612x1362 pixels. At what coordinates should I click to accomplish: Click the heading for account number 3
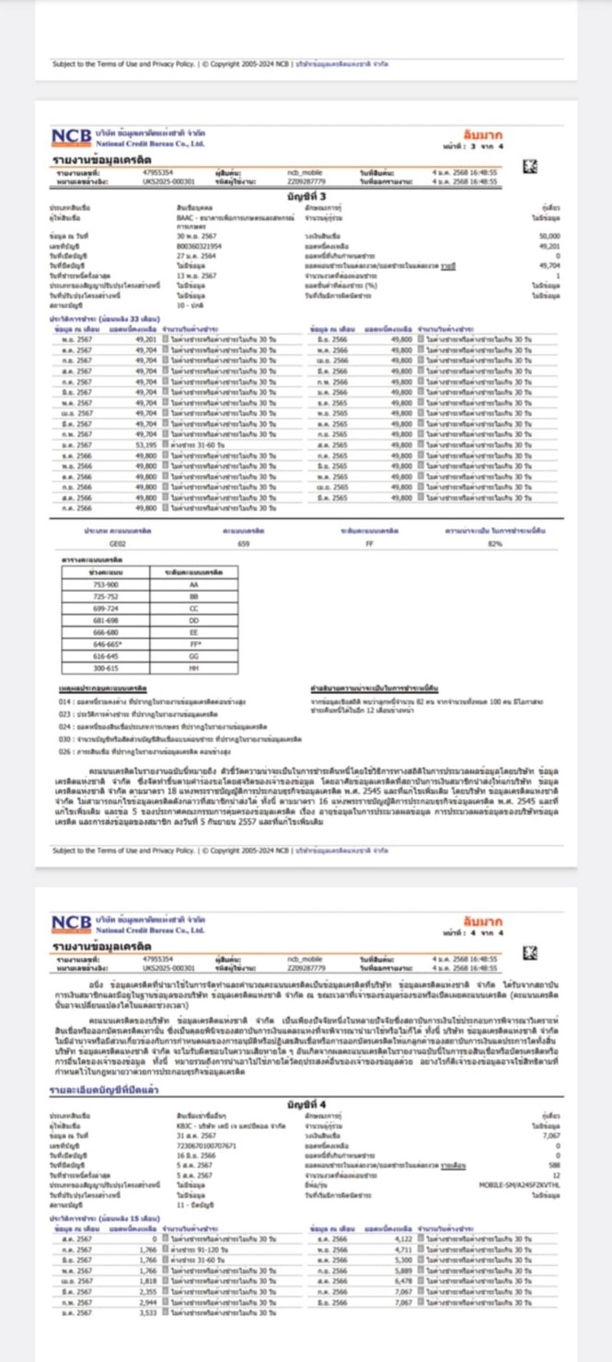[306, 196]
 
